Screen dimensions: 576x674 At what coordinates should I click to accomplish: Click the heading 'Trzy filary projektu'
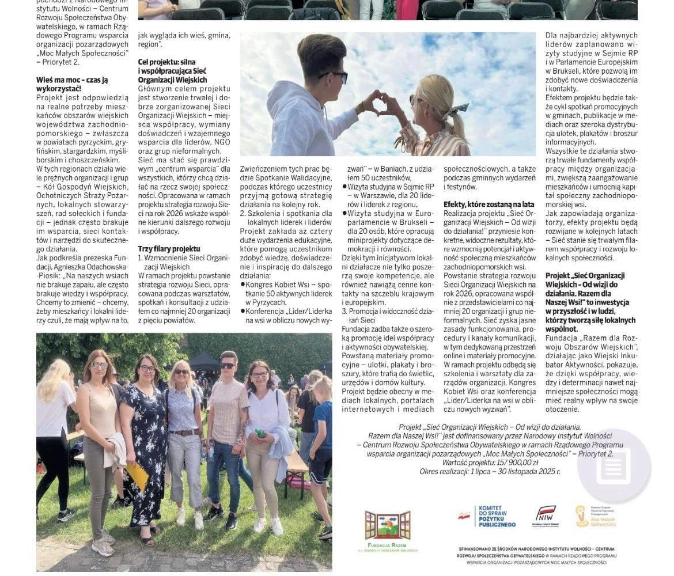pos(169,249)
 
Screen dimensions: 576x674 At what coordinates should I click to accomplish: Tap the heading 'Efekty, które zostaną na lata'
pos(489,204)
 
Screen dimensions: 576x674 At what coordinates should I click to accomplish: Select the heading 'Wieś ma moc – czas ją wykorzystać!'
pos(72,84)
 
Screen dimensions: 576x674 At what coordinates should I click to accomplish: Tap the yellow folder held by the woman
pos(138,476)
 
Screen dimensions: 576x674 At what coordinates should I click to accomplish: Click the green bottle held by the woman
pos(261,433)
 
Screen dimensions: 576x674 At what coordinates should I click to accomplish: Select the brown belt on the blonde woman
pos(185,432)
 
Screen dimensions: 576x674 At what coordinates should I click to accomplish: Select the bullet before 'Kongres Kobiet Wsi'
pos(243,285)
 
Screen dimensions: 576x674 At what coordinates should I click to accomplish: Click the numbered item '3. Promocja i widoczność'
pos(387,311)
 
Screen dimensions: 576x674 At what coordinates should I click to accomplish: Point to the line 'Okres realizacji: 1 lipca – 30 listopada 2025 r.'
pos(489,471)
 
